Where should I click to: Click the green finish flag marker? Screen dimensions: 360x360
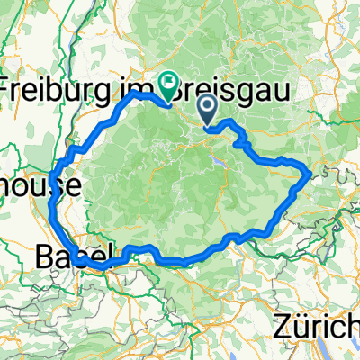(x=168, y=85)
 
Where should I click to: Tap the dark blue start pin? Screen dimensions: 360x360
(x=206, y=111)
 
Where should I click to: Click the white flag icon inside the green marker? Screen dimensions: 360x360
(x=168, y=82)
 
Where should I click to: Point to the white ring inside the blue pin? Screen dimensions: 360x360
(x=206, y=108)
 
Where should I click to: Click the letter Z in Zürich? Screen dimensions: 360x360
(x=281, y=325)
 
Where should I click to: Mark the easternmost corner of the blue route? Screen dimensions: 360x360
(x=311, y=170)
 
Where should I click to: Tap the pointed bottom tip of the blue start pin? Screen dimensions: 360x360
(x=206, y=125)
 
